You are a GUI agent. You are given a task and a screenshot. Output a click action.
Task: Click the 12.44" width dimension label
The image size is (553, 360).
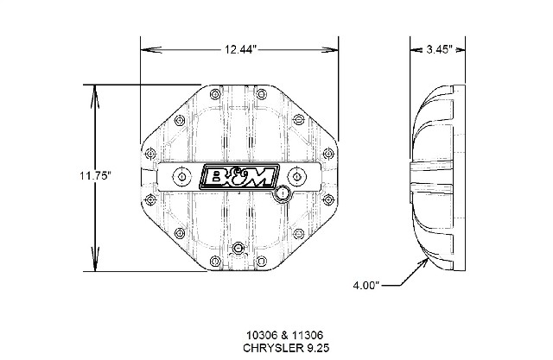pyautogui.click(x=240, y=49)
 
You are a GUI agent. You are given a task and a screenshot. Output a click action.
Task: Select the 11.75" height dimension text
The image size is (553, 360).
pyautogui.click(x=96, y=175)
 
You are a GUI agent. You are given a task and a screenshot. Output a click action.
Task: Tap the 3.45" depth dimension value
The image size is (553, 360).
pyautogui.click(x=439, y=49)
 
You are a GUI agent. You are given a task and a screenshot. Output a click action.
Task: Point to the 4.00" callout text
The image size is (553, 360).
pyautogui.click(x=366, y=285)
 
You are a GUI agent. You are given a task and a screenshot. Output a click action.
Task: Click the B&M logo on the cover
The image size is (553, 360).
pyautogui.click(x=239, y=176)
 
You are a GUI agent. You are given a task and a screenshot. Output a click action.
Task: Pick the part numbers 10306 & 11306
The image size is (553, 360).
pyautogui.click(x=285, y=334)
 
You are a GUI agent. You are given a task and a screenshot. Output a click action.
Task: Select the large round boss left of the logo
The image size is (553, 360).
pyautogui.click(x=181, y=176)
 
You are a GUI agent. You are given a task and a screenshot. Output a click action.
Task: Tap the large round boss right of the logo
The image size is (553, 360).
pyautogui.click(x=297, y=176)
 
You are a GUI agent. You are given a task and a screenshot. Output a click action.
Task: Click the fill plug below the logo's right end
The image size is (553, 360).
pyautogui.click(x=283, y=193)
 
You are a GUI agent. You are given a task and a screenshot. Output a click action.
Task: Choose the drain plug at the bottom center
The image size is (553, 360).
pyautogui.click(x=238, y=248)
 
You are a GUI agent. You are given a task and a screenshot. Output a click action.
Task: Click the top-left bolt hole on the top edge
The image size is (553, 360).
pyautogui.click(x=215, y=94)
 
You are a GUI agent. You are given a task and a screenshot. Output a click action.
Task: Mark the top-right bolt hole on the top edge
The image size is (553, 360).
pyautogui.click(x=261, y=94)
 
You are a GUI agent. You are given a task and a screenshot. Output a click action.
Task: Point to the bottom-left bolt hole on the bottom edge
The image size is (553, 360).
pyautogui.click(x=215, y=262)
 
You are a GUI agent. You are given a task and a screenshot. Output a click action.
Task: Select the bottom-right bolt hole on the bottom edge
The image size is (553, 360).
pyautogui.click(x=261, y=262)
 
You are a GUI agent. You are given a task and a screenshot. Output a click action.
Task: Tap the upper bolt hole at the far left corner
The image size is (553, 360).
pyautogui.click(x=150, y=154)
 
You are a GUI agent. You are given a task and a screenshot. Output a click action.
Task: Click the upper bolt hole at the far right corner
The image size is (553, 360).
pyautogui.click(x=328, y=154)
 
